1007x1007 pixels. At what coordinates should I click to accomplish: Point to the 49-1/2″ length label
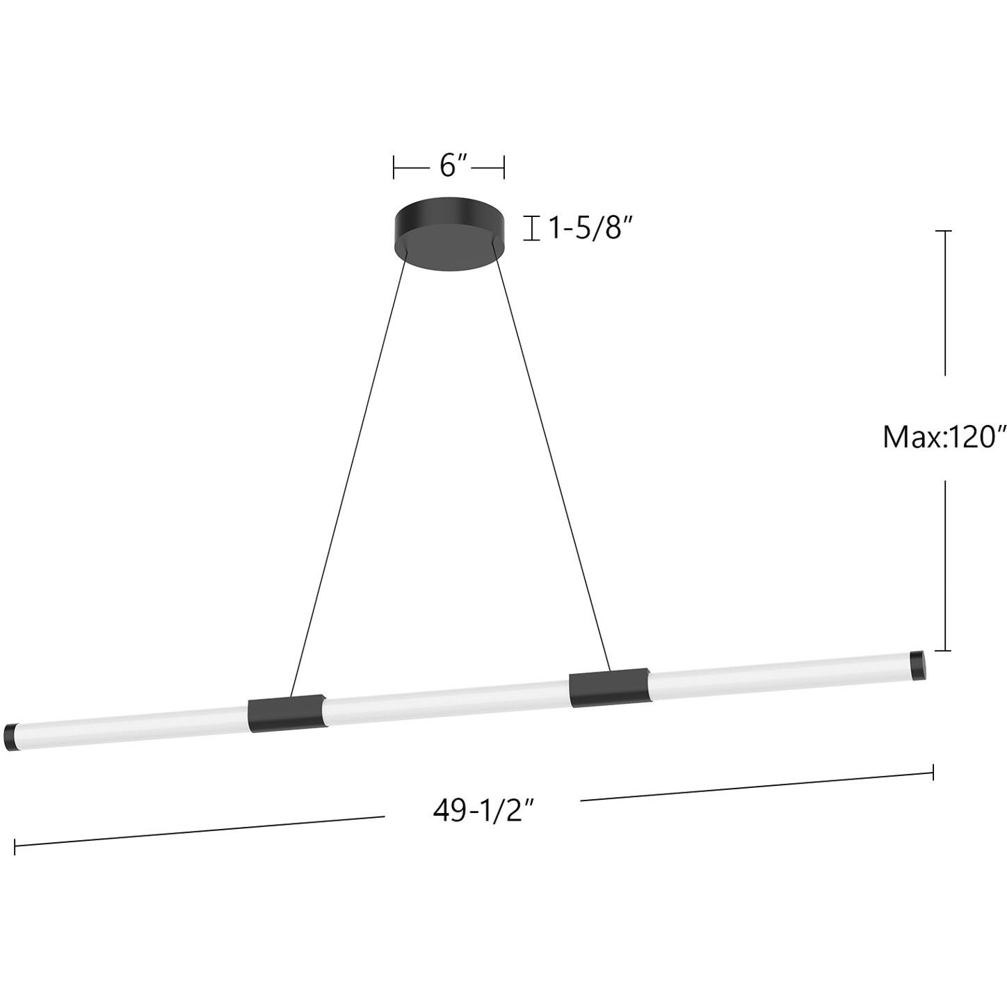point(483,809)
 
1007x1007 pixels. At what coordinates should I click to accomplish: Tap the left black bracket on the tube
point(286,713)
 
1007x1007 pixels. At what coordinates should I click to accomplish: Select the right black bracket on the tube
point(607,688)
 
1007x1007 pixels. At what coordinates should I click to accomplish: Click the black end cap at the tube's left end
point(13,736)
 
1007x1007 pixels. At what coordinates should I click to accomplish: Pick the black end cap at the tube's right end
point(918,665)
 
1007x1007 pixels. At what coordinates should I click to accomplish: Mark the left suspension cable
point(348,480)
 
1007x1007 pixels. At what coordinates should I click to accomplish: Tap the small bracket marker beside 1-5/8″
point(532,228)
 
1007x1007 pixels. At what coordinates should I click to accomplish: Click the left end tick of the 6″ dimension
point(394,167)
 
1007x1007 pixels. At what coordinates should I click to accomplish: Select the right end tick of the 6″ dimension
point(503,167)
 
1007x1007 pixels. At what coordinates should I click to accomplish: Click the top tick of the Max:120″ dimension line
point(943,230)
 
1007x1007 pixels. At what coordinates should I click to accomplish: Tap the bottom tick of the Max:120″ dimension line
point(943,651)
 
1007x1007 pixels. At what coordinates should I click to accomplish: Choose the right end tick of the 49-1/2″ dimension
point(933,772)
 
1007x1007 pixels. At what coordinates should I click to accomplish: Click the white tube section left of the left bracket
point(132,725)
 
